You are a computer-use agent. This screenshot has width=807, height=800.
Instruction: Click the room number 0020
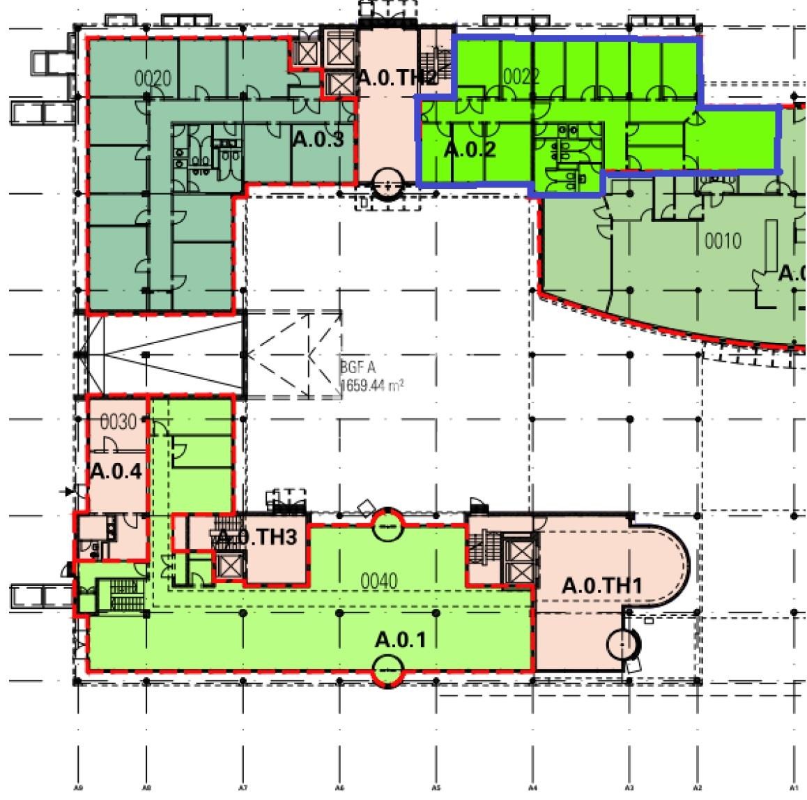(x=153, y=79)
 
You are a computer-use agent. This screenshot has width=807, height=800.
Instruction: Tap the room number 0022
(x=521, y=76)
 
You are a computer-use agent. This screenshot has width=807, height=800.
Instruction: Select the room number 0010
(x=723, y=242)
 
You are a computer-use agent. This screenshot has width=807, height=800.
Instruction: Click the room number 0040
(x=378, y=580)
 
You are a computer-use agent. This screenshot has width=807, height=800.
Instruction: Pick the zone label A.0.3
(x=318, y=139)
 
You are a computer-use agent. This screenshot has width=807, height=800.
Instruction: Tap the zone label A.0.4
(x=116, y=471)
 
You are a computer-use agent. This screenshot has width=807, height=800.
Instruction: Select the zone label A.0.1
(x=399, y=639)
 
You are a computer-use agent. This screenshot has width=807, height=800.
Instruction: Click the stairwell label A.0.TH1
(x=601, y=586)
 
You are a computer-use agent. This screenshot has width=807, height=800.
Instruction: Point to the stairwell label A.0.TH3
(x=257, y=537)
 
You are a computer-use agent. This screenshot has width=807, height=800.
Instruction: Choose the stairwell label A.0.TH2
(x=396, y=78)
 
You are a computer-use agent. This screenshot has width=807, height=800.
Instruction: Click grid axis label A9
(x=78, y=788)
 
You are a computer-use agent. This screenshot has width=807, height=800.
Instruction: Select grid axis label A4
(x=532, y=788)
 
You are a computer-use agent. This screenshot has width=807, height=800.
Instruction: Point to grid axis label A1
(x=794, y=788)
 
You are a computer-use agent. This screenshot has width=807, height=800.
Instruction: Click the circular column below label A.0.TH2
(x=387, y=185)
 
